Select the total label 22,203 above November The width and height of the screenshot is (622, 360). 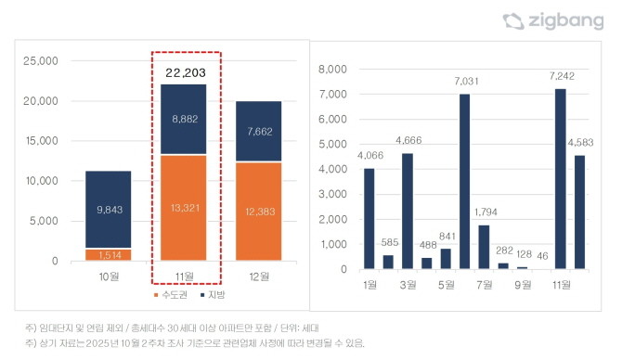(186, 71)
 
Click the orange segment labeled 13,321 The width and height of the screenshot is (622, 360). (186, 208)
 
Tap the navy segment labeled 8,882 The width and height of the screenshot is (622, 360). (186, 120)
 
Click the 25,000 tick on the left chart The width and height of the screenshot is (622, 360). (41, 61)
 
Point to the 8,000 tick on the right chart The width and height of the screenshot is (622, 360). (331, 69)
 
